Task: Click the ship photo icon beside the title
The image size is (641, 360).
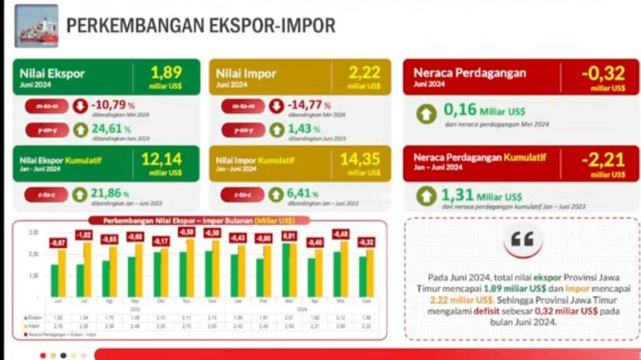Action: click(x=37, y=26)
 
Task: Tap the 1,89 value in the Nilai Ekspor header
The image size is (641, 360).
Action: click(x=166, y=73)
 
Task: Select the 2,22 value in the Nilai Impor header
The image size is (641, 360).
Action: click(x=365, y=73)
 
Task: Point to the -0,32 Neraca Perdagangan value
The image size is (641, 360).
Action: click(x=603, y=74)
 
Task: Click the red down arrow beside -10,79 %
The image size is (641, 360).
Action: click(x=80, y=107)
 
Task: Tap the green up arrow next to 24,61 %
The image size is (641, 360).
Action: click(x=80, y=130)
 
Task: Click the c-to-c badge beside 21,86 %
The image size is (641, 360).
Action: click(x=46, y=194)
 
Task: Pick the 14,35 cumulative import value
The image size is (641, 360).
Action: click(x=360, y=159)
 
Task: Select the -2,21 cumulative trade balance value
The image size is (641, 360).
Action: click(x=603, y=160)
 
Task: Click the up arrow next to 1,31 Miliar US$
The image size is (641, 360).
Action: click(x=427, y=196)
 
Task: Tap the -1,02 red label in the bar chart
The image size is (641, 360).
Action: click(x=84, y=235)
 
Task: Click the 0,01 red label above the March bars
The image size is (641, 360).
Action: click(x=289, y=235)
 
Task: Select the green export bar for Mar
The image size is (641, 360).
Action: click(x=285, y=270)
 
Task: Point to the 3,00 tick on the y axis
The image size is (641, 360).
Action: click(x=34, y=233)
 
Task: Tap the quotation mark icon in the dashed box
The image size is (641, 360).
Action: click(x=522, y=240)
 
